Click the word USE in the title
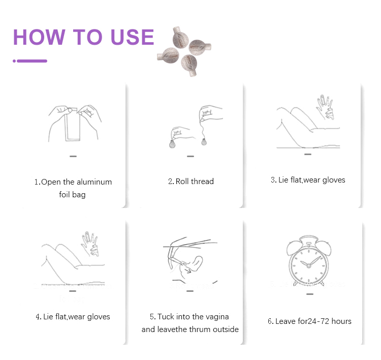pos(130,38)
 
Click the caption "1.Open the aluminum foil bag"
pos(73,188)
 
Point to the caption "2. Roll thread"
pos(190,182)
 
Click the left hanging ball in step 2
pos(172,144)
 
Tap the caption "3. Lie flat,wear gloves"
pos(308,180)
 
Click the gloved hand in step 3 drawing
pos(323,107)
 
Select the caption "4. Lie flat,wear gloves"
pos(73,317)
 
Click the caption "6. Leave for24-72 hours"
pos(309,321)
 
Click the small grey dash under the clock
pos(309,294)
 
